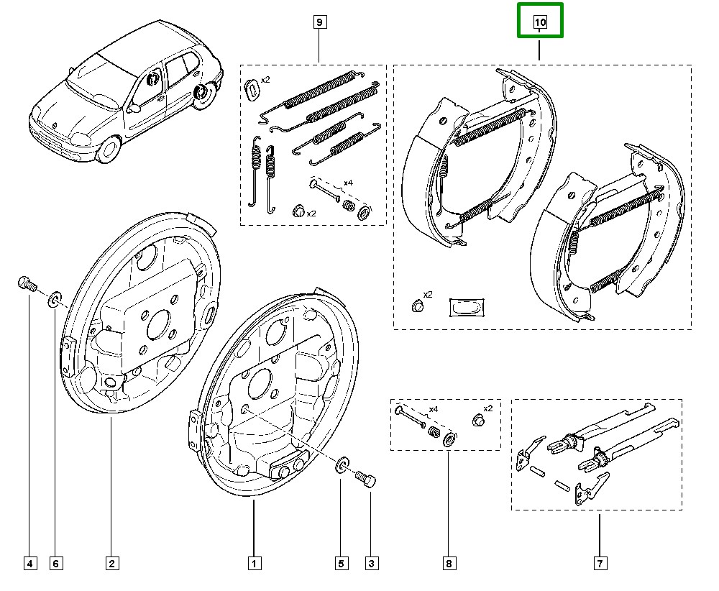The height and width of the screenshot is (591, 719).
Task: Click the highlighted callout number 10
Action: click(x=540, y=22)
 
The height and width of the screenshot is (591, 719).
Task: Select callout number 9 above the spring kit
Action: click(x=319, y=22)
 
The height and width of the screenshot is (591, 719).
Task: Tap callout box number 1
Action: click(x=253, y=564)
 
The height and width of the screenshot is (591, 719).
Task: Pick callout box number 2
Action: click(x=111, y=564)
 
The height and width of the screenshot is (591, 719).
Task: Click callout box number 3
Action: click(x=371, y=564)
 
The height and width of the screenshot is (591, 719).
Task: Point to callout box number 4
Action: click(x=29, y=564)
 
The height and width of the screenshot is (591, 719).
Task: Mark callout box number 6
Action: click(x=55, y=564)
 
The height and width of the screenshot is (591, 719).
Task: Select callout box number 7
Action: click(x=600, y=564)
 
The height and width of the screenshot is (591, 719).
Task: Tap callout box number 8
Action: click(x=448, y=564)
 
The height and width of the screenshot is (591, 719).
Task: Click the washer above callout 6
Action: click(x=55, y=299)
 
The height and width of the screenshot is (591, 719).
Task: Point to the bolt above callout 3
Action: click(x=366, y=479)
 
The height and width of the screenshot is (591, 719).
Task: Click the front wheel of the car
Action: click(x=109, y=150)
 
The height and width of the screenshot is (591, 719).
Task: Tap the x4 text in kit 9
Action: click(x=348, y=183)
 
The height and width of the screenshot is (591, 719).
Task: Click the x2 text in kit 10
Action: click(x=428, y=295)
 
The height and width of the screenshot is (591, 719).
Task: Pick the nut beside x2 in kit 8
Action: click(x=475, y=419)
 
